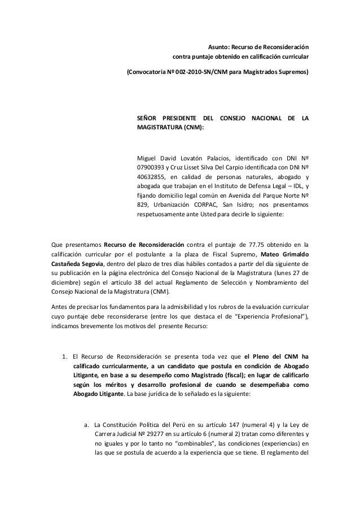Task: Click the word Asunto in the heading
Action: pos(212,46)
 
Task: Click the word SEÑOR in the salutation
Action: pos(148,118)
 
